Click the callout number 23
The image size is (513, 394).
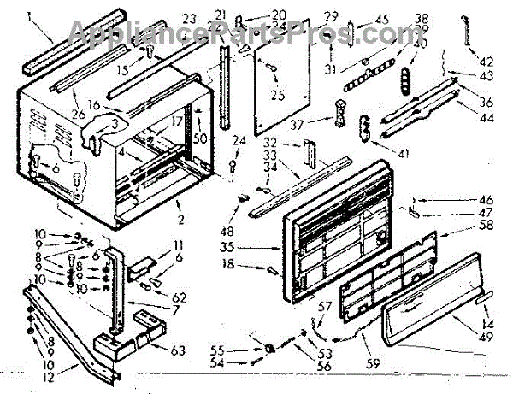190,17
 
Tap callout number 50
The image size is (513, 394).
199,139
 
